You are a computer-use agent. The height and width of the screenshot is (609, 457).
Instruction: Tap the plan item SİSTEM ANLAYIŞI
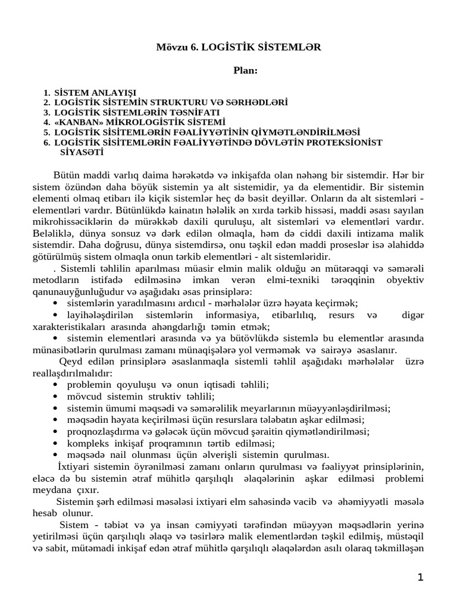(95, 93)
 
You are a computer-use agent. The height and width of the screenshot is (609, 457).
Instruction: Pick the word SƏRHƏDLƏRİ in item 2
(257, 103)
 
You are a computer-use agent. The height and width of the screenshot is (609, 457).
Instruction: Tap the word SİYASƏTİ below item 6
(82, 152)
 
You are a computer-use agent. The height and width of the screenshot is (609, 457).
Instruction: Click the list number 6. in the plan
(47, 142)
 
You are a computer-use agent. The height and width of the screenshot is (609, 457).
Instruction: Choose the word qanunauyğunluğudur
(80, 291)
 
